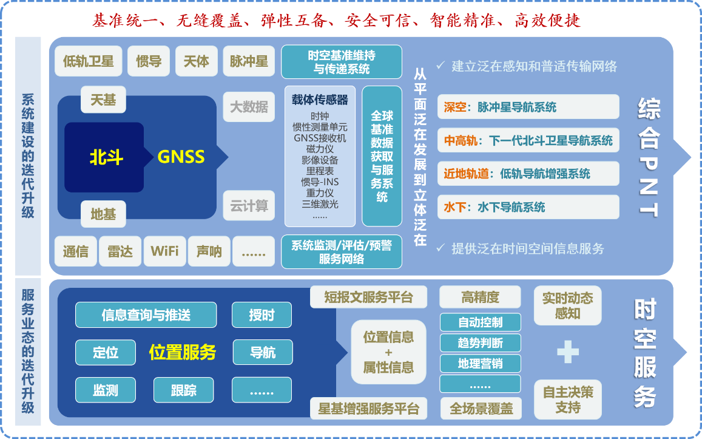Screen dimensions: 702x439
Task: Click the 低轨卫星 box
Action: pyautogui.click(x=88, y=61)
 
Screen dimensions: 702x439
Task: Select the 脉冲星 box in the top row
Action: pyautogui.click(x=249, y=61)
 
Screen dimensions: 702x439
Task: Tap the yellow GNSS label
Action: pyautogui.click(x=181, y=157)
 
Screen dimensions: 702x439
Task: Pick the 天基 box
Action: pyautogui.click(x=103, y=100)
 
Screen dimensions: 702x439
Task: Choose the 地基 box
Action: pyautogui.click(x=103, y=214)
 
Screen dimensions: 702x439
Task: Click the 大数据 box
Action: pyautogui.click(x=249, y=107)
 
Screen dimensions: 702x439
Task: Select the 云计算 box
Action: pyautogui.click(x=249, y=206)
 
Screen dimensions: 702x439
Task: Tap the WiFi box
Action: pyautogui.click(x=165, y=251)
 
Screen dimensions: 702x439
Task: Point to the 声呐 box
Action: pyautogui.click(x=209, y=251)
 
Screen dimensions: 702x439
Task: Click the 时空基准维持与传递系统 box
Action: pyautogui.click(x=342, y=62)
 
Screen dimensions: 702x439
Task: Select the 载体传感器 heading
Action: pyautogui.click(x=320, y=100)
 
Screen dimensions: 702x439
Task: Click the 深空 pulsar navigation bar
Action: pyautogui.click(x=528, y=107)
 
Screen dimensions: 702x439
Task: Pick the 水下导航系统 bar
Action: pyautogui.click(x=528, y=207)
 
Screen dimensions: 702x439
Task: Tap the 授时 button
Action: pyautogui.click(x=262, y=315)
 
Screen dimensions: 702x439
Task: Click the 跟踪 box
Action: pyautogui.click(x=184, y=390)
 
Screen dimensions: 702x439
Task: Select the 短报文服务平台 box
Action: pyautogui.click(x=368, y=297)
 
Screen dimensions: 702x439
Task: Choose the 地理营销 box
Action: pyautogui.click(x=481, y=363)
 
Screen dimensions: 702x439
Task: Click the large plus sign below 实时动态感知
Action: pyautogui.click(x=568, y=352)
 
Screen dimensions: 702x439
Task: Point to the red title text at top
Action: pyautogui.click(x=337, y=20)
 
